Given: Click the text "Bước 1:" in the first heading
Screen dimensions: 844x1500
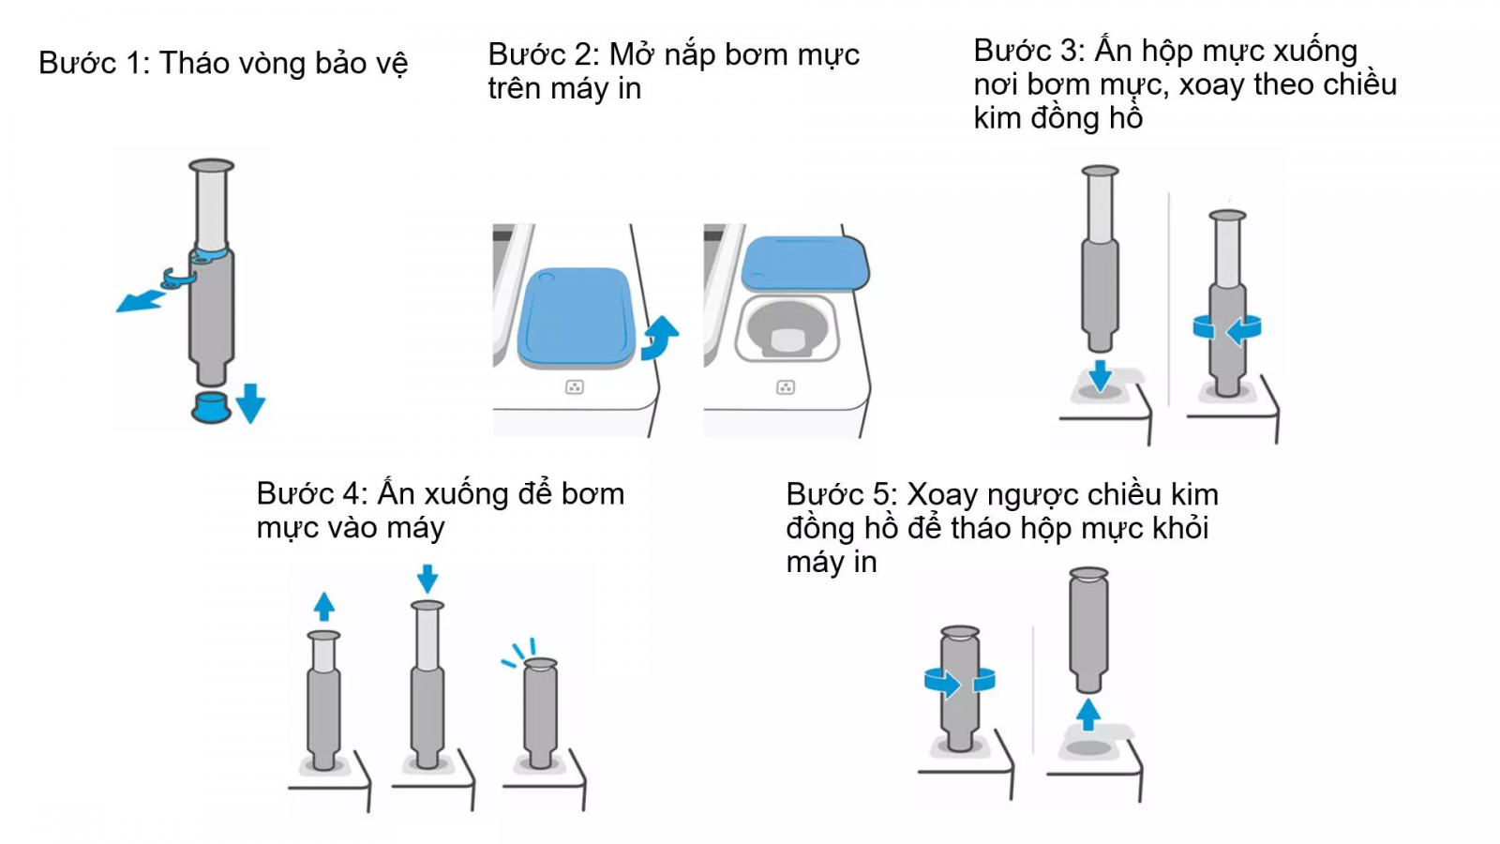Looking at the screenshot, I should (x=93, y=64).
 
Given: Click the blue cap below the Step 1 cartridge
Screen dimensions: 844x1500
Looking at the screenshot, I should (x=211, y=408).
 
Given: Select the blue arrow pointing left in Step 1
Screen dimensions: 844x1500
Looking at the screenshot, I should (x=140, y=300).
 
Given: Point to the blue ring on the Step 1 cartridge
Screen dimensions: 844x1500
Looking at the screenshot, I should (x=211, y=253).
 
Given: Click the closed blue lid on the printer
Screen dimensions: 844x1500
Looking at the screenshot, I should (x=575, y=316).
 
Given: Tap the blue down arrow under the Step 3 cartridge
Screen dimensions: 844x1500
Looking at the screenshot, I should (x=1100, y=375).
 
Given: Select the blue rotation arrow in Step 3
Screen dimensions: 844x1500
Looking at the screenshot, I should (x=1228, y=329).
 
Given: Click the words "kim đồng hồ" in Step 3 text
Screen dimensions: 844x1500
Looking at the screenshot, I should (x=1057, y=119).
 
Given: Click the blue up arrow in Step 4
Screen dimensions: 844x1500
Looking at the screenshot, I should (x=324, y=606).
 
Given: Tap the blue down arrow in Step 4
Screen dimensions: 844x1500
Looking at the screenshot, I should (x=427, y=578).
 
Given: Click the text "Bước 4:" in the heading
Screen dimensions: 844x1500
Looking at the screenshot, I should (x=311, y=494).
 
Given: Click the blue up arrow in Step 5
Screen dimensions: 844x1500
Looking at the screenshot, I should (x=1087, y=715).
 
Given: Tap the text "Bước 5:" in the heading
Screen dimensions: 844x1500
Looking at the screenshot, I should (x=841, y=495).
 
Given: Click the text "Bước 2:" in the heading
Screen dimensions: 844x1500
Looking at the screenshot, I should (x=543, y=55).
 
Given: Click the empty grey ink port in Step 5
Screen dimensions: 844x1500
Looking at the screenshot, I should (x=1088, y=747).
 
